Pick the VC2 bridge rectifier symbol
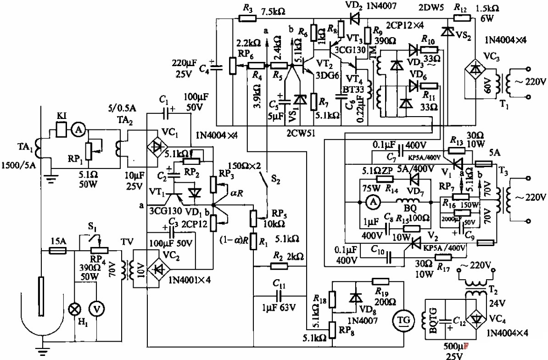click(x=158, y=268)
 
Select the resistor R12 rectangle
click(x=461, y=19)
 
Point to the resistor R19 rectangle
click(x=380, y=281)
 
